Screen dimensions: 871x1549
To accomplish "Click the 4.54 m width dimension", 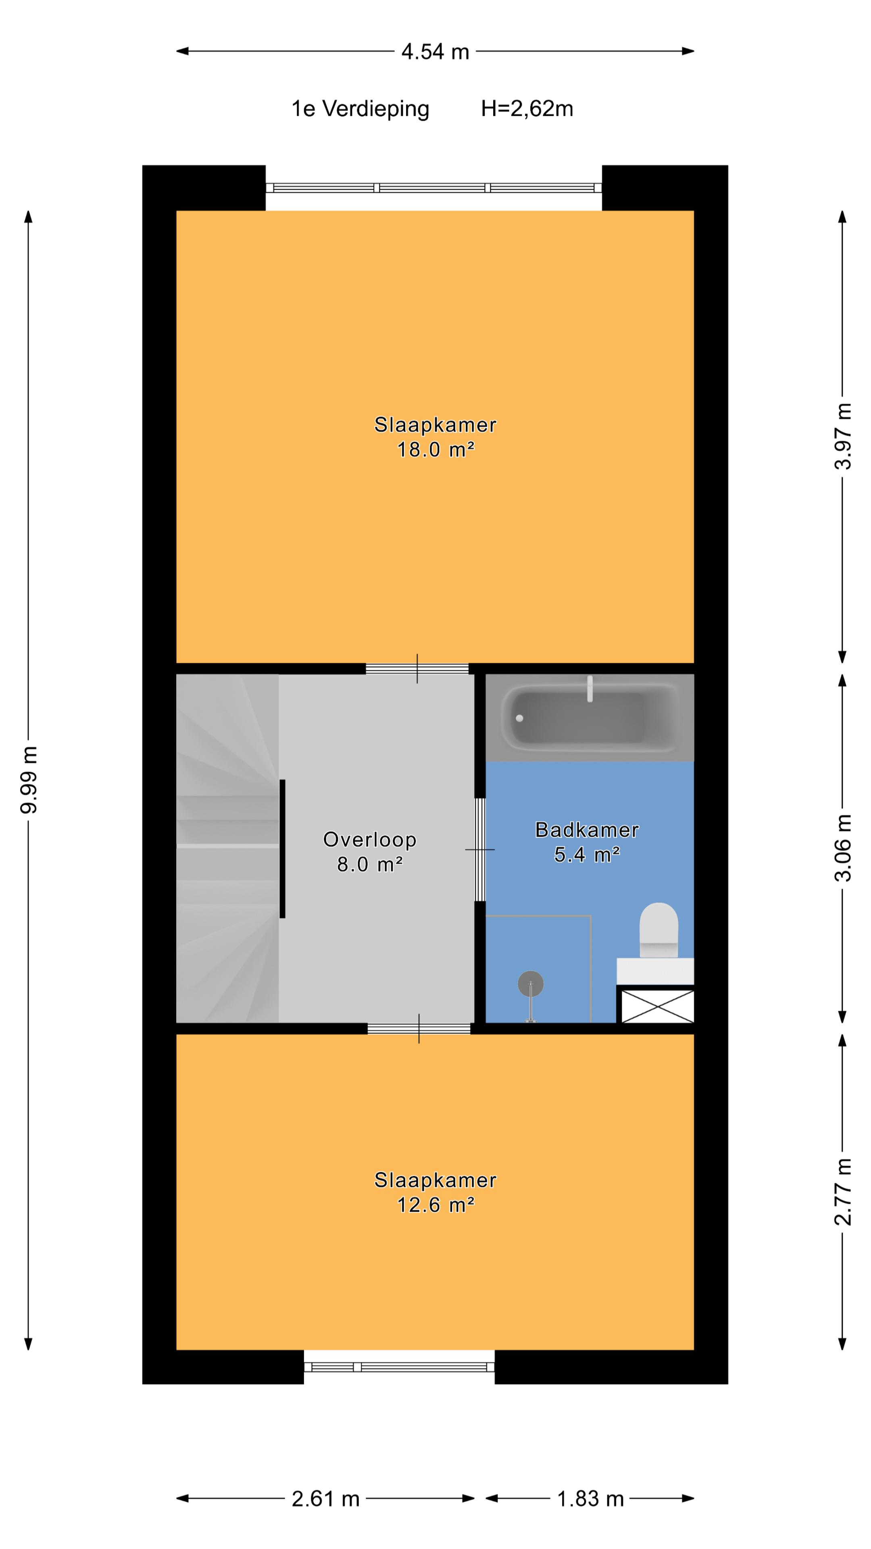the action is [x=435, y=52].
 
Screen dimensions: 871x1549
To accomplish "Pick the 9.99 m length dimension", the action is [x=28, y=780].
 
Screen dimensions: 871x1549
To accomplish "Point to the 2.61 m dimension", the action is [x=325, y=1499].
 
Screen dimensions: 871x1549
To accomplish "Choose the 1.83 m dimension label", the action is [x=590, y=1499].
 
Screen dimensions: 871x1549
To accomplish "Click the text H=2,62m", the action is [x=527, y=109].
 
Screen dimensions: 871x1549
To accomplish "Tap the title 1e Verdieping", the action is [x=360, y=109].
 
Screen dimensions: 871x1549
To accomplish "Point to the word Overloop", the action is [x=370, y=839].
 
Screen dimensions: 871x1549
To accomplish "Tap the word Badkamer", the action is [x=587, y=830].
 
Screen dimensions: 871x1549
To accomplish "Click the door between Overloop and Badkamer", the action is [x=480, y=849].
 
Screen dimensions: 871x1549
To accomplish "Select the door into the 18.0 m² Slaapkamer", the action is [x=417, y=669].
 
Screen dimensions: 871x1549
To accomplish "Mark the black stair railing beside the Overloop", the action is [x=283, y=848].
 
